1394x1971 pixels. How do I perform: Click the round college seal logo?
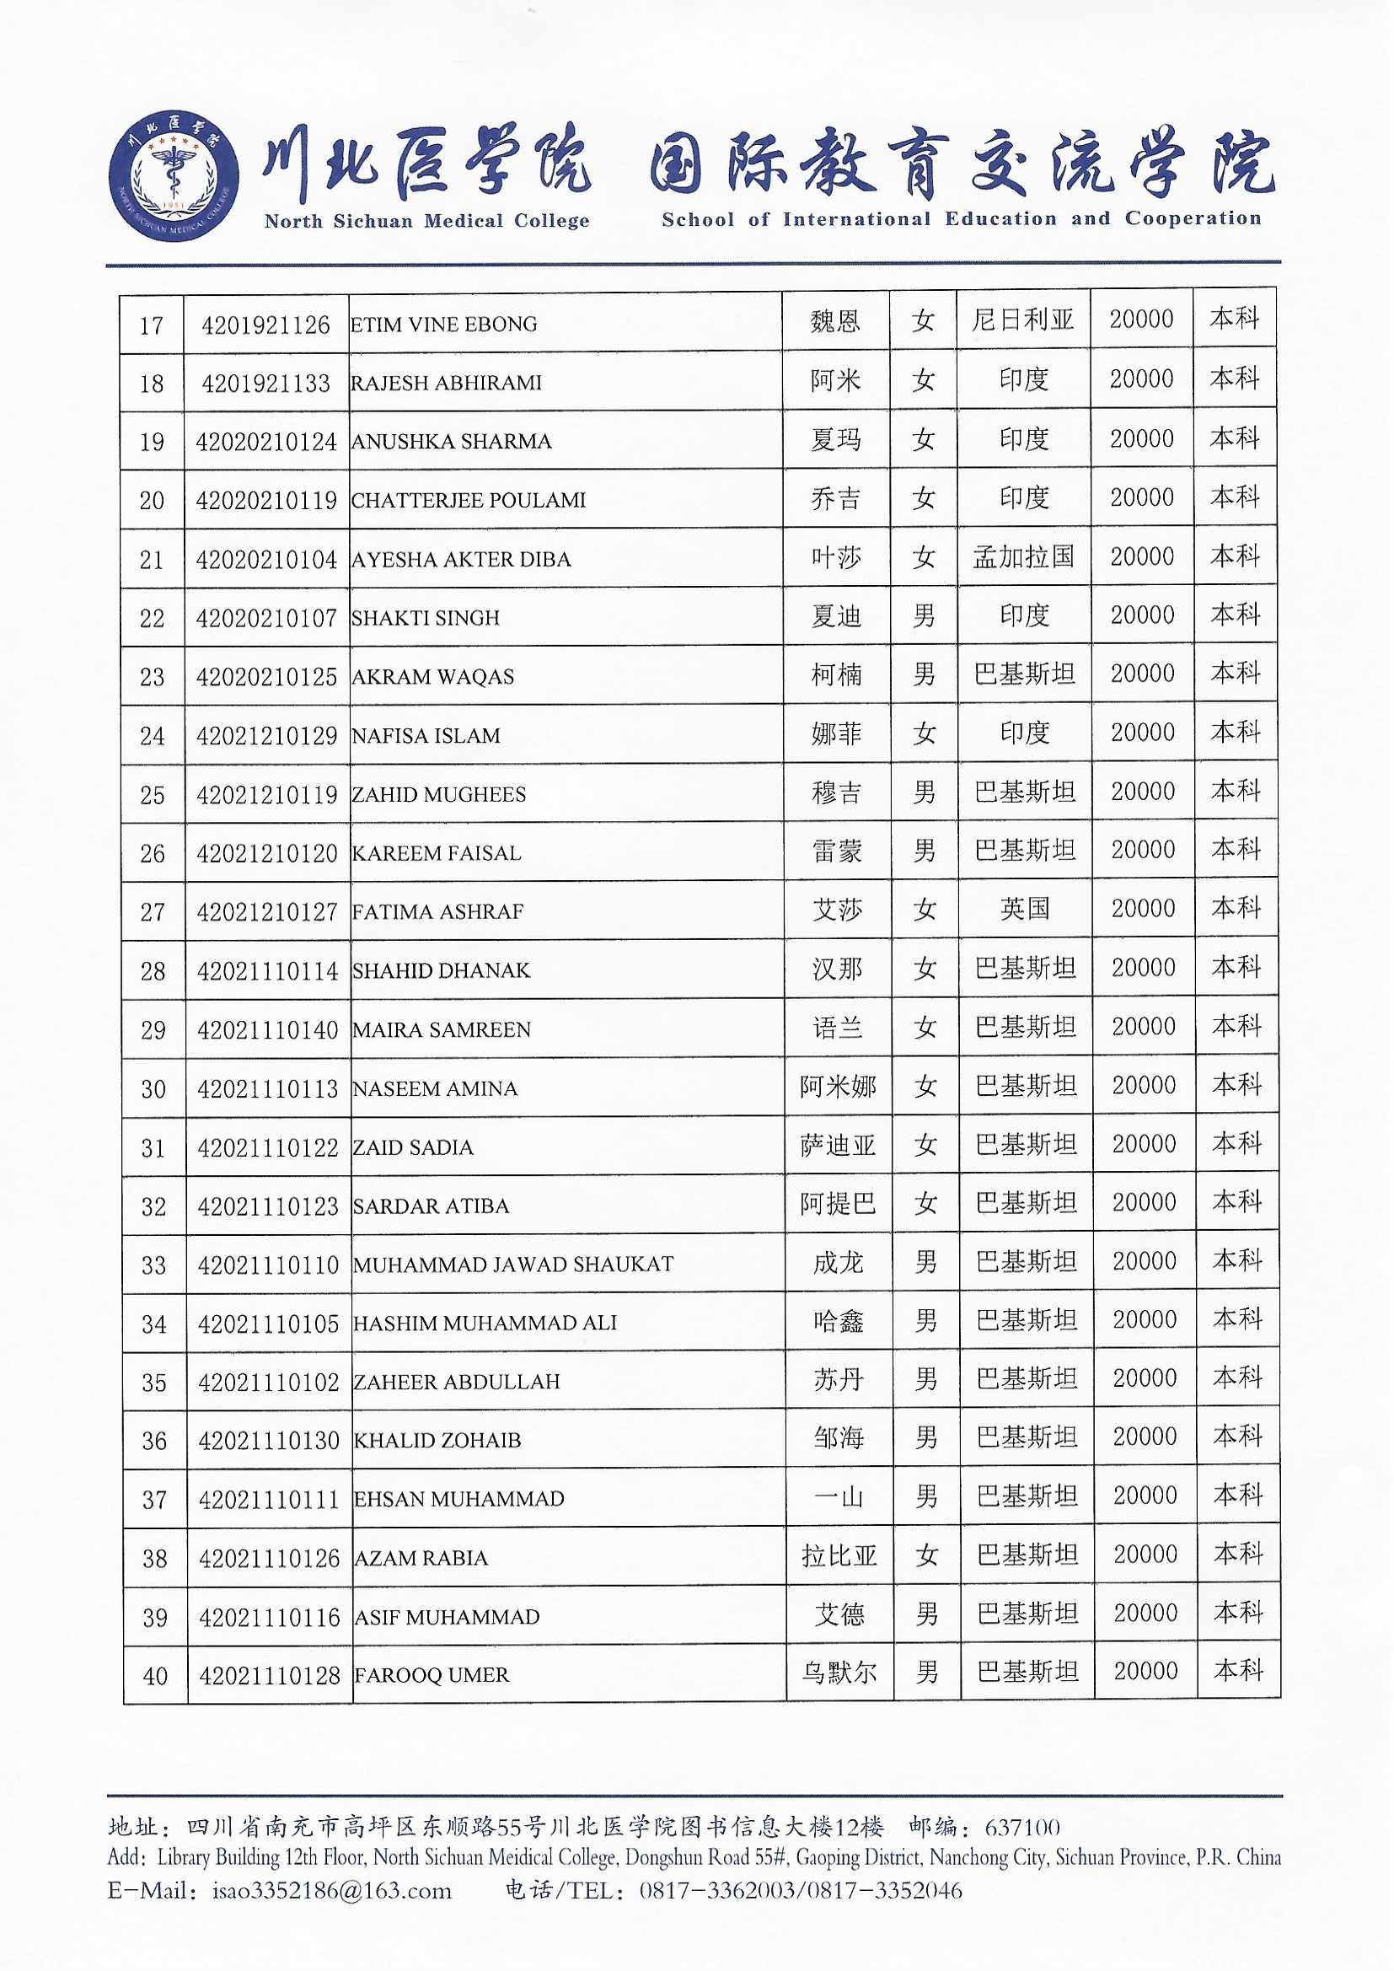point(174,176)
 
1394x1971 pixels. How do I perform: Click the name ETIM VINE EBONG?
point(444,325)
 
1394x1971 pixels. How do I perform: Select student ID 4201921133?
point(266,383)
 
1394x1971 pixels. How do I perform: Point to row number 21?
point(152,560)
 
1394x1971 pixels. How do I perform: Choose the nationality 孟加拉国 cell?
point(1023,557)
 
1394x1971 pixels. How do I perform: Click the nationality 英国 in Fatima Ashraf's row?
point(1025,908)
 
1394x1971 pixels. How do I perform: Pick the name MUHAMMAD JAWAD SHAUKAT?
point(513,1264)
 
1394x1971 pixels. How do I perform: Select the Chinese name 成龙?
point(839,1262)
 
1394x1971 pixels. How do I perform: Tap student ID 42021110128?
point(270,1675)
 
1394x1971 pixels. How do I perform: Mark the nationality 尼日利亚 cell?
point(1023,321)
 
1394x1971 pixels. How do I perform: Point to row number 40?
point(155,1676)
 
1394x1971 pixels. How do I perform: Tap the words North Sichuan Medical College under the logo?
point(426,222)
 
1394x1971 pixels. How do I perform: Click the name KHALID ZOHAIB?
point(437,1440)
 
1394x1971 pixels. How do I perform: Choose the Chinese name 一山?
point(839,1497)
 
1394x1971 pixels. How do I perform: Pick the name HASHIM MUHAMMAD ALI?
point(485,1323)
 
